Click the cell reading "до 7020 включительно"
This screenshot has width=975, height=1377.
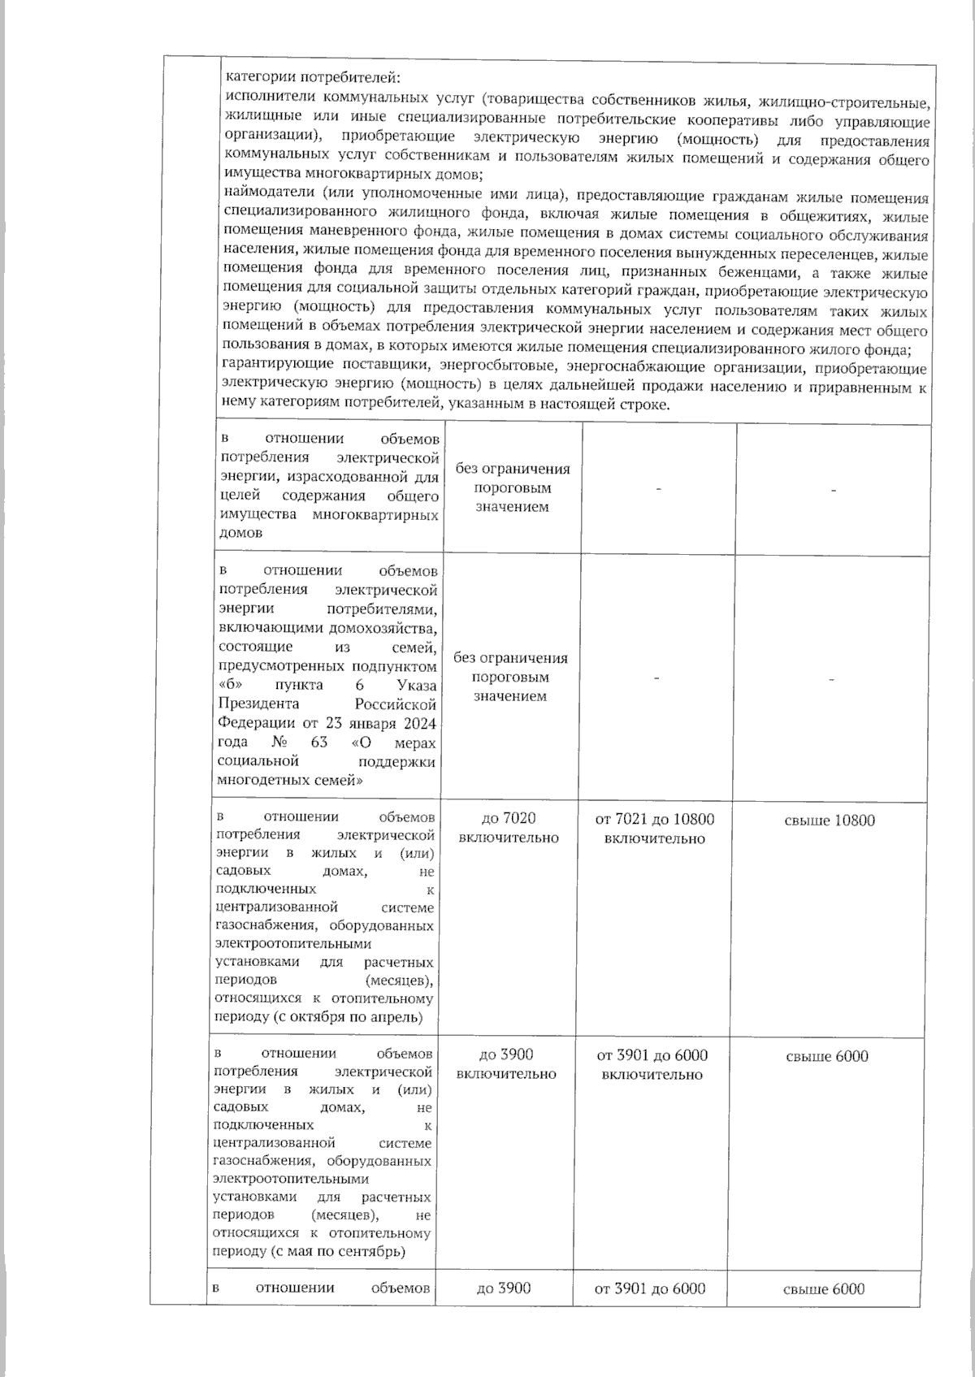tap(509, 828)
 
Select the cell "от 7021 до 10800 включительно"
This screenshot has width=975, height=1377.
tap(655, 829)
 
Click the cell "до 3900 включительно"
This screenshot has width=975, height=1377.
tap(506, 1064)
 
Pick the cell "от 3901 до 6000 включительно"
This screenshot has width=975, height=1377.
tap(652, 1064)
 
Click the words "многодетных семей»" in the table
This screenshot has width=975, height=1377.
tap(289, 780)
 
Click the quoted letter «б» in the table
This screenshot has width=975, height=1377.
tap(230, 685)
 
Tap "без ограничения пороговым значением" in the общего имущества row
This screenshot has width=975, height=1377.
tap(512, 487)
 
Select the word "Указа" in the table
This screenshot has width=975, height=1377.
tap(417, 685)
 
